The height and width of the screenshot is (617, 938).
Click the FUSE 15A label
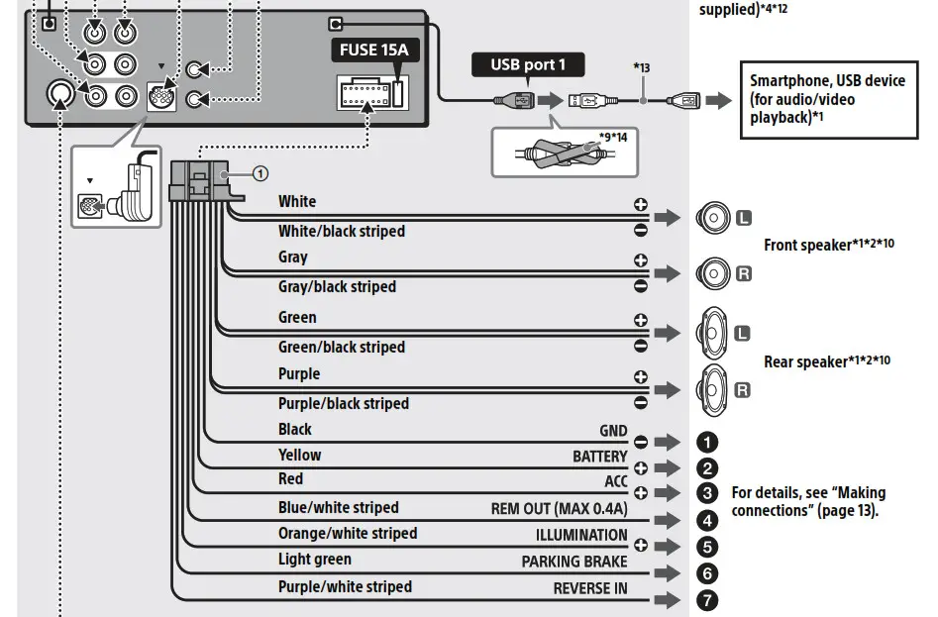click(x=374, y=49)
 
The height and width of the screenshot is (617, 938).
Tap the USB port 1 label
click(x=527, y=65)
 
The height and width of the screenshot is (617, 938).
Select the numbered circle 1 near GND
click(x=707, y=442)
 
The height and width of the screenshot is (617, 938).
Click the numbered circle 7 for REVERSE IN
click(x=707, y=599)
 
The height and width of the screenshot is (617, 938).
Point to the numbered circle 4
click(x=707, y=520)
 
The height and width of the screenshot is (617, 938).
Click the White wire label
click(x=297, y=202)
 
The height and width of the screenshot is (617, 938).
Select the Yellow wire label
click(x=299, y=456)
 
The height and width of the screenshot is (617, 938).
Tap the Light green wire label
click(x=314, y=560)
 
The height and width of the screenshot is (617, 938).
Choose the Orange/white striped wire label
click(x=347, y=534)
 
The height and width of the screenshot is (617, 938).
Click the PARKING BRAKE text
click(x=574, y=562)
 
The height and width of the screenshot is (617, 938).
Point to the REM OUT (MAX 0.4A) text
click(x=559, y=509)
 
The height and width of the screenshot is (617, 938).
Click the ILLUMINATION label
click(x=581, y=535)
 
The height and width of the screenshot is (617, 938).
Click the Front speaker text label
click(x=828, y=245)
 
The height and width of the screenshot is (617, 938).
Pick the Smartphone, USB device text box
click(x=827, y=100)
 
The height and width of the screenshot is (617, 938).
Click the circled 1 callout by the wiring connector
click(x=260, y=173)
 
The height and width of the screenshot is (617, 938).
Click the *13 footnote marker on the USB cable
click(x=642, y=68)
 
